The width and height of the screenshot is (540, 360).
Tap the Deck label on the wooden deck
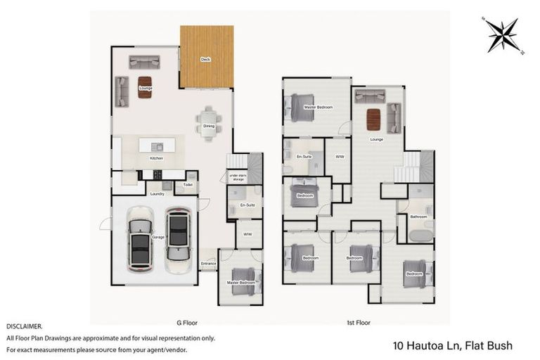click(205, 60)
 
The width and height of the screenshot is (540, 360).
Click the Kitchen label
click(156, 158)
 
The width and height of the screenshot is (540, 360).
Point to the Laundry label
click(157, 193)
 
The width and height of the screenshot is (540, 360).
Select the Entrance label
click(209, 264)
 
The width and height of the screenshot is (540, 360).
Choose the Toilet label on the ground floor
click(188, 185)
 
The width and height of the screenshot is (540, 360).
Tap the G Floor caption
click(187, 323)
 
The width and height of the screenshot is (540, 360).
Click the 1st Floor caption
click(359, 323)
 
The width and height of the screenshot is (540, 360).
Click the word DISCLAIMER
click(25, 327)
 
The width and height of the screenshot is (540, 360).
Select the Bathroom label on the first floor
click(418, 217)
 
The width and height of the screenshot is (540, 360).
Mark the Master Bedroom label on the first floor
click(318, 107)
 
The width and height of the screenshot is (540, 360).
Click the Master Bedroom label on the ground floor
click(240, 283)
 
